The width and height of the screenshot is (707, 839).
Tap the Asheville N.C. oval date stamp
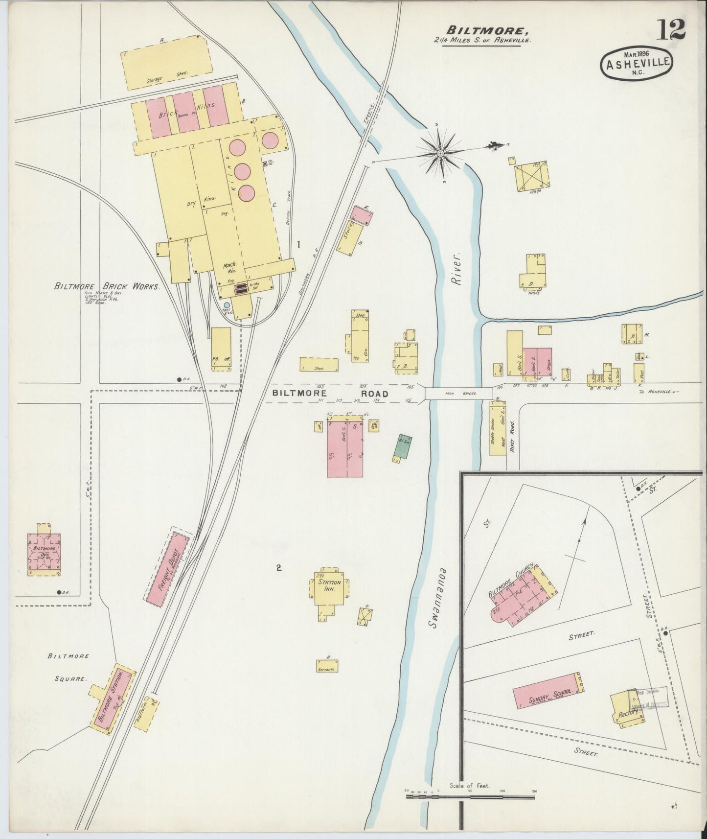tap(637, 63)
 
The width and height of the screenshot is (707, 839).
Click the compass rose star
tap(440, 153)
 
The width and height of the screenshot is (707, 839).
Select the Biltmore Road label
tap(330, 394)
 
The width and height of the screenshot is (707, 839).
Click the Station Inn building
tap(329, 586)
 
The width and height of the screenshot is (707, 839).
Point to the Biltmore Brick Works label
tap(107, 286)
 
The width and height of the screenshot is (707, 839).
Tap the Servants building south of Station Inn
tap(327, 666)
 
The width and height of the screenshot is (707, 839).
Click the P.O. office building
tap(221, 347)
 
